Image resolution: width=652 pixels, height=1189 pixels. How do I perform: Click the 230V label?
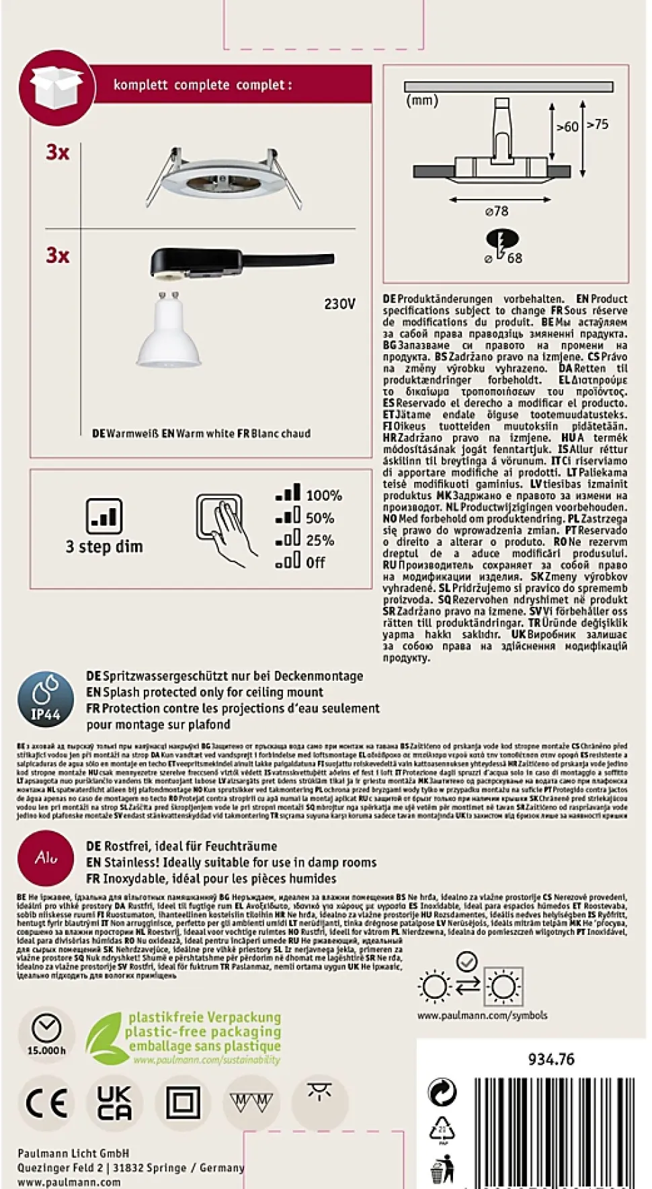point(339,304)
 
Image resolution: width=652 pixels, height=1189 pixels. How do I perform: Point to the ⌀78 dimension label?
point(497,211)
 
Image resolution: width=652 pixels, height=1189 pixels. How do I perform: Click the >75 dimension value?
point(598,124)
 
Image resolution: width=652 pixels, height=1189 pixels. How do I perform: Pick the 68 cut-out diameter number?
point(515,258)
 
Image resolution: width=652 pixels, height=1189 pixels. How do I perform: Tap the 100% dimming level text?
point(324,495)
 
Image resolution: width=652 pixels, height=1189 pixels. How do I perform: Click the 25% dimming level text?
point(320,540)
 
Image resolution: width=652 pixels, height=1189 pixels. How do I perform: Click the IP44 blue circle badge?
point(46,699)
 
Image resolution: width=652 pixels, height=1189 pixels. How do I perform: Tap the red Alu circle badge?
point(46,858)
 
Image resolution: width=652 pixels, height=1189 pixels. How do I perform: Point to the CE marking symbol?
point(46,1103)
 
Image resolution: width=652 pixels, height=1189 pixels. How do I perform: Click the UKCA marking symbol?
point(115,1103)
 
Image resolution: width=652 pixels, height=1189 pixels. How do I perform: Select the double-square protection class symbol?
point(183,1103)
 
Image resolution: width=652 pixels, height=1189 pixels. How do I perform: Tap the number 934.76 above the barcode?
point(551,1059)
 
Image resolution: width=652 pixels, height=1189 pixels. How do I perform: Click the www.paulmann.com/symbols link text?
point(482,1015)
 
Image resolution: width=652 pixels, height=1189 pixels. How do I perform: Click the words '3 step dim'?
point(104,546)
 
